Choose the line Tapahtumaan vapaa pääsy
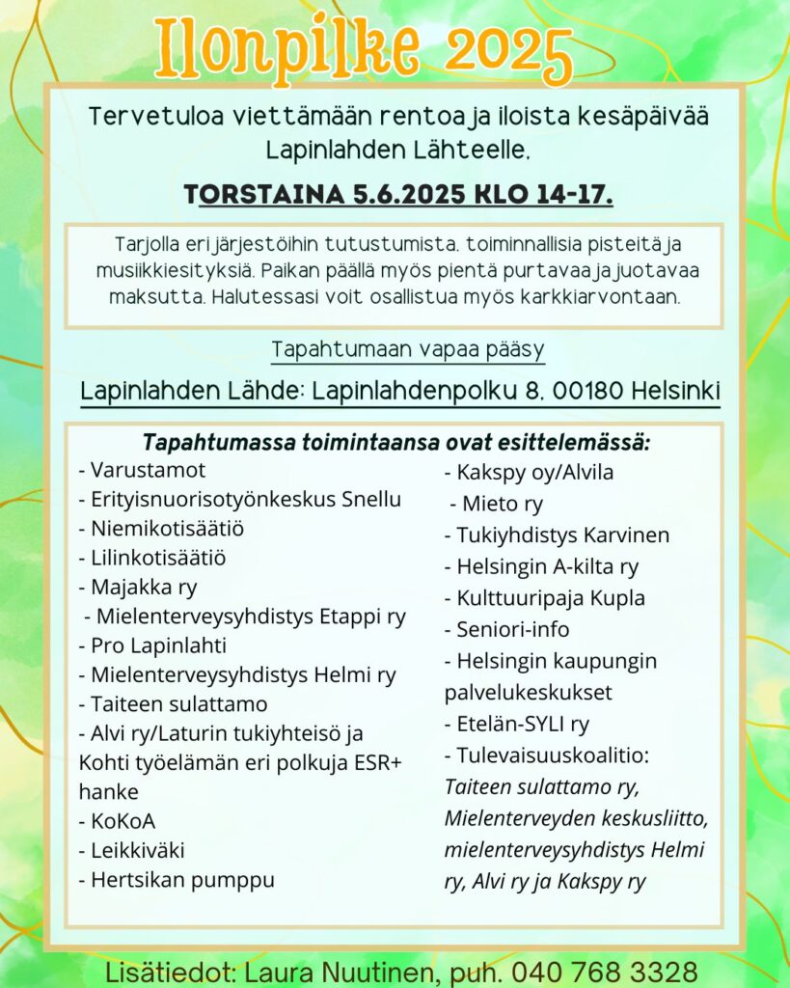pos(408,348)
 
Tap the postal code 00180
pos(582,392)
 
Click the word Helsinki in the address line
pos(676,392)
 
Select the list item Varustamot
pos(147,471)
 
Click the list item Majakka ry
pos(143,587)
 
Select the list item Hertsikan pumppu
pos(182,879)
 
